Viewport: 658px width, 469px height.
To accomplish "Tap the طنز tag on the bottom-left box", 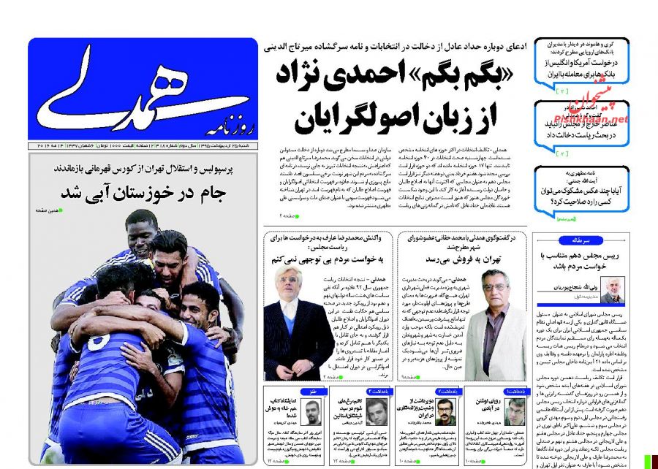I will (x=312, y=392).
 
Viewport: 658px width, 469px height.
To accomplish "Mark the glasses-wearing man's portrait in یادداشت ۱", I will (x=515, y=412).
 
